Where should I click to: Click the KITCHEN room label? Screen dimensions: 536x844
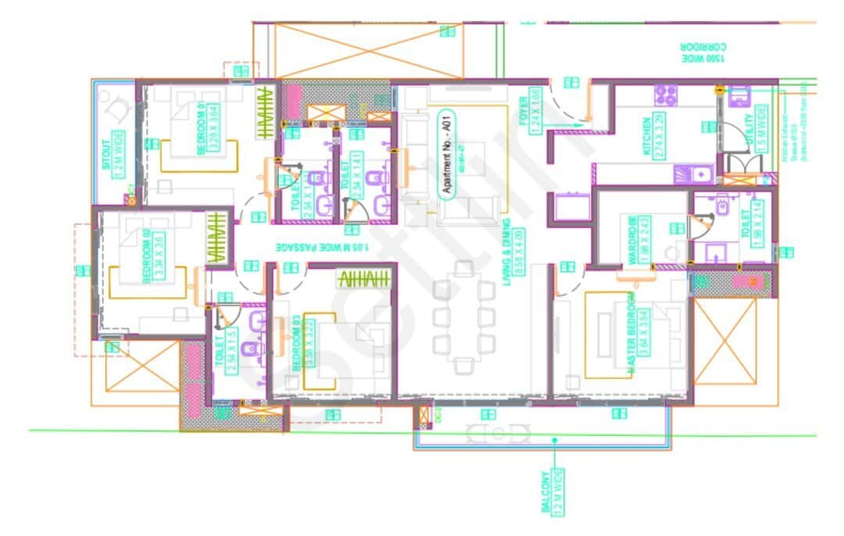coord(647,136)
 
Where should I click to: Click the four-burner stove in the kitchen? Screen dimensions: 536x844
coord(665,95)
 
